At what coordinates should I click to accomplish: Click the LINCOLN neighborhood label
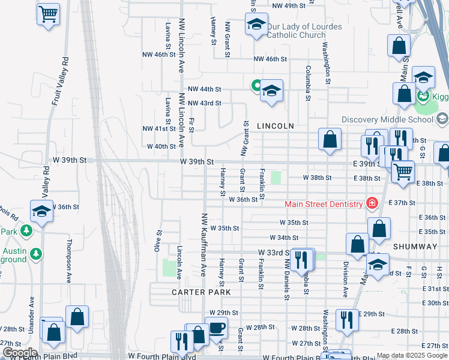(x=275, y=127)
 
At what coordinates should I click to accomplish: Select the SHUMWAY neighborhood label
(x=415, y=247)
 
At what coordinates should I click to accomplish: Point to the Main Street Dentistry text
(x=324, y=204)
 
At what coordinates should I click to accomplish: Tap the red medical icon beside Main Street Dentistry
(x=372, y=203)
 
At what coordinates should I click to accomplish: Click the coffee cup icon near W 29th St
(x=217, y=328)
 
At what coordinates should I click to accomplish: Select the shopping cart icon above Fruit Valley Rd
(x=49, y=13)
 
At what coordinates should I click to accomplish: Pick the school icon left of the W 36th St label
(x=41, y=211)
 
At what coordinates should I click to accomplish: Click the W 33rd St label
(x=274, y=253)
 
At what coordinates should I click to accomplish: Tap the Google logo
(x=19, y=353)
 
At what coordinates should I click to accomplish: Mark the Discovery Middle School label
(x=387, y=119)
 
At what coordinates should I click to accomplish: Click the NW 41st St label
(x=158, y=129)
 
